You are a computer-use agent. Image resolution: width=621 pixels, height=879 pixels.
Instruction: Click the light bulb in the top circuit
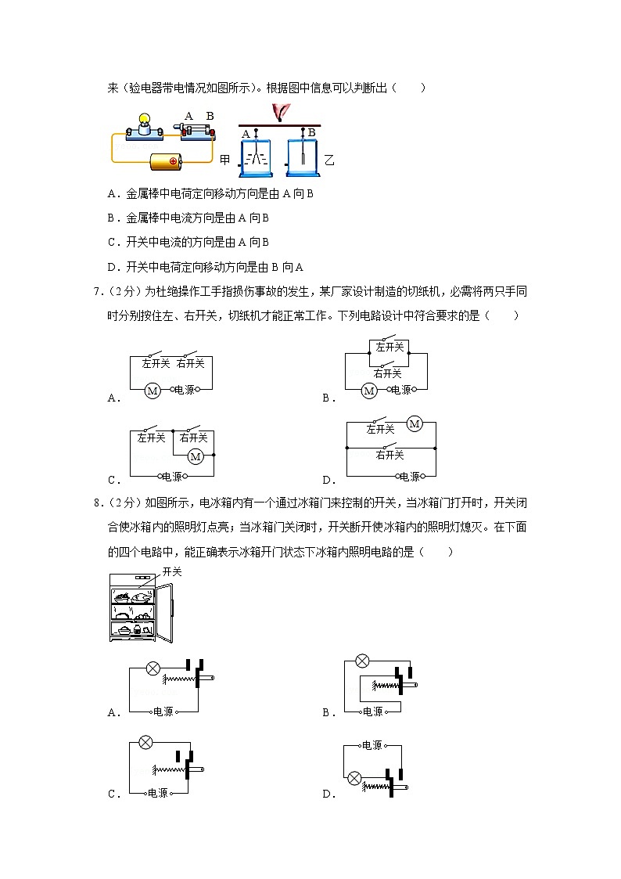[143, 121]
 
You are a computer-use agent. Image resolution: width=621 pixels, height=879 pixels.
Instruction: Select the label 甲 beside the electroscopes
[225, 160]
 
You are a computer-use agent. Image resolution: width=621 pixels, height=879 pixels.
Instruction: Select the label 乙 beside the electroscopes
[329, 160]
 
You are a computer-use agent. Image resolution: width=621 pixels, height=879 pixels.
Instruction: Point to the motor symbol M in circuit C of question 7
[196, 456]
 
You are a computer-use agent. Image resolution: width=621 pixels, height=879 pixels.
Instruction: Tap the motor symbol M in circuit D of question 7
[414, 424]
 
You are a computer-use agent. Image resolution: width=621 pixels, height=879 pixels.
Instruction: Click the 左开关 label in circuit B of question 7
[389, 347]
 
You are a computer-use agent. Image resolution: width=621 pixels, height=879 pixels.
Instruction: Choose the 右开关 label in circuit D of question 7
[389, 455]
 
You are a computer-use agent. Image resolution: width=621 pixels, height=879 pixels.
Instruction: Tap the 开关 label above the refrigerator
[171, 572]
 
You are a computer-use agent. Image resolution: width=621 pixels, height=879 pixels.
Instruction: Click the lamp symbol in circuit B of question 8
[362, 661]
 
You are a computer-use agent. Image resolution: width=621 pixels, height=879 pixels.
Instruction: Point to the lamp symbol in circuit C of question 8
[145, 742]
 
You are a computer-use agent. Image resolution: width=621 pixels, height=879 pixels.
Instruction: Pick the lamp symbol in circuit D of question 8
[354, 778]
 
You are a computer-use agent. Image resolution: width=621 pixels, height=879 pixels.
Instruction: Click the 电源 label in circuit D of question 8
[372, 745]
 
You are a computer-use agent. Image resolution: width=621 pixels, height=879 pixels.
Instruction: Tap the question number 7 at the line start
[96, 292]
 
